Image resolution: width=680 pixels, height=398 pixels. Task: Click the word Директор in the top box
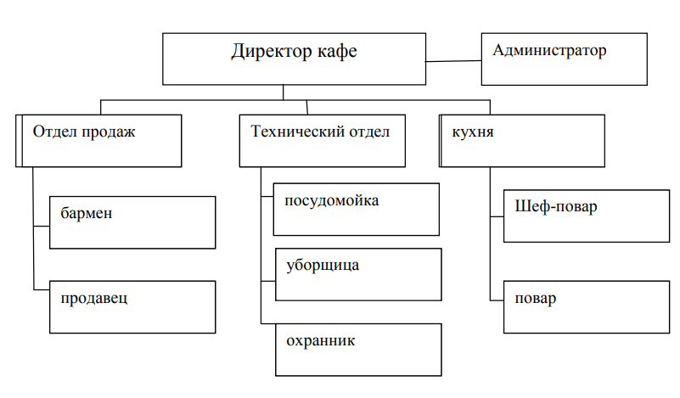click(x=265, y=53)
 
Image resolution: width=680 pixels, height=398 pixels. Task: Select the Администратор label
click(x=549, y=51)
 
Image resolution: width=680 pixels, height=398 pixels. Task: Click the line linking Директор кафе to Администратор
click(x=453, y=60)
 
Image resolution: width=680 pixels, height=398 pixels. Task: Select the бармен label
click(x=86, y=213)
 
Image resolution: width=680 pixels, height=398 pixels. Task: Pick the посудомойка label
click(x=332, y=201)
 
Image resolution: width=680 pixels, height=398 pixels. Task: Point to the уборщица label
click(x=323, y=266)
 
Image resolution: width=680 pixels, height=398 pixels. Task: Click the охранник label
click(x=320, y=341)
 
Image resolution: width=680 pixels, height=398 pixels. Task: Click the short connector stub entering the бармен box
click(x=42, y=226)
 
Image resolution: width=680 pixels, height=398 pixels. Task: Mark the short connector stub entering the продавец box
click(x=42, y=290)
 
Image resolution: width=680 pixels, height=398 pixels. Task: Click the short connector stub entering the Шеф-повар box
click(x=497, y=218)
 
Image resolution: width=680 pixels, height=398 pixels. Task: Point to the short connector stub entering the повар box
click(x=497, y=299)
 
